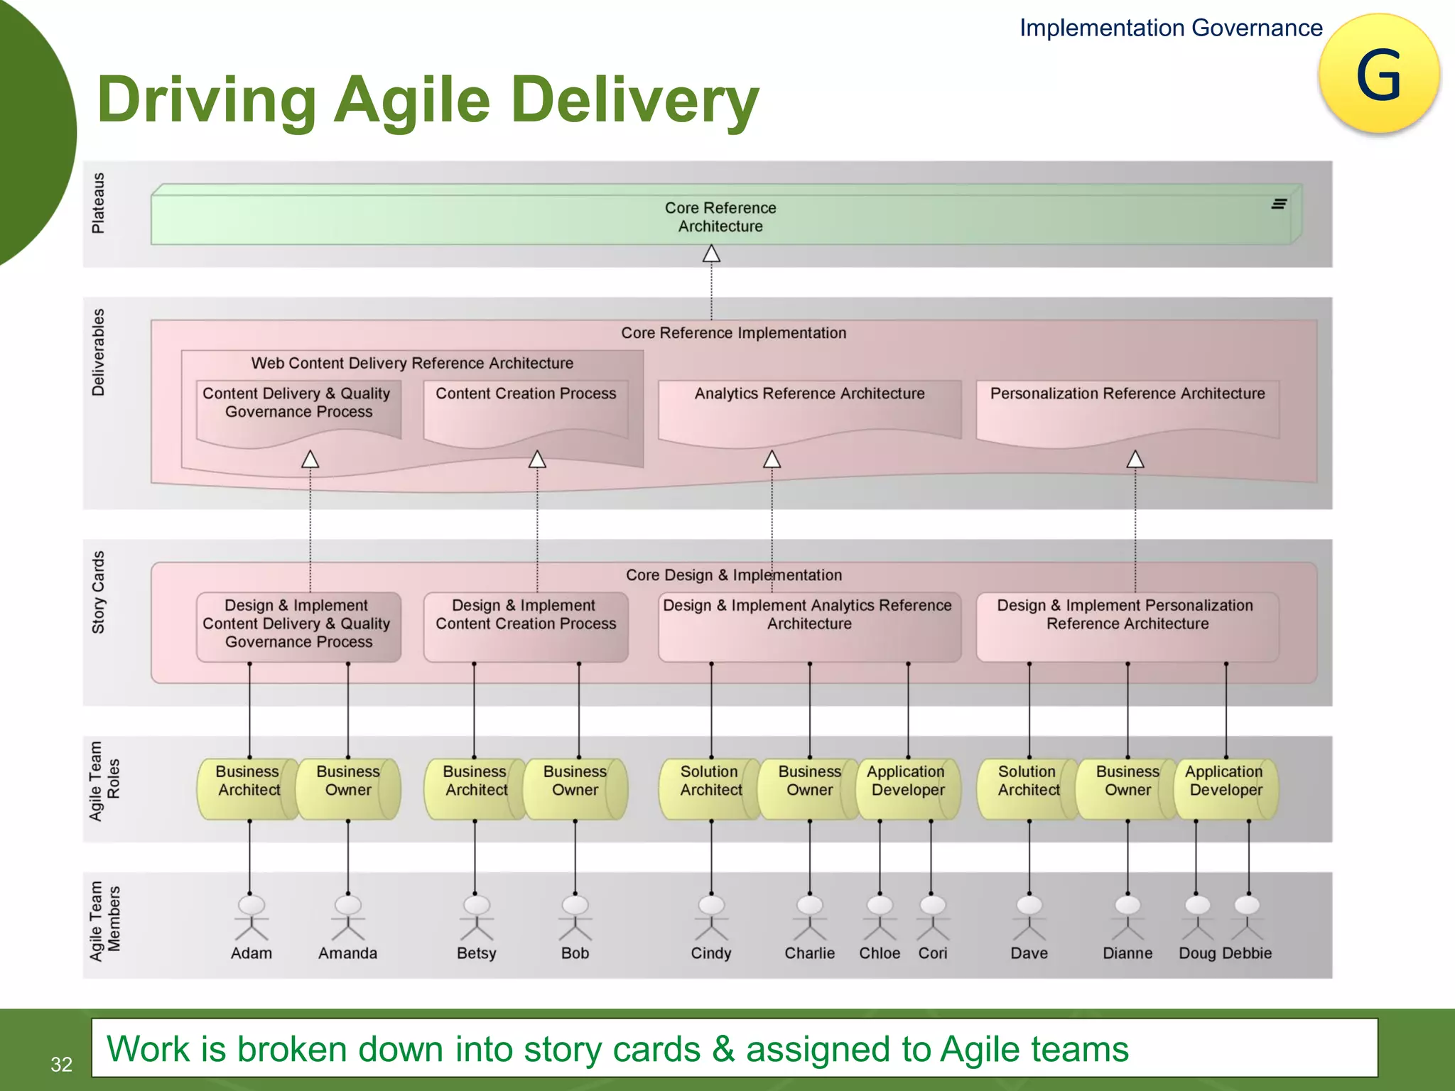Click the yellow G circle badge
(x=1378, y=74)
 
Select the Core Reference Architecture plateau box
(x=720, y=217)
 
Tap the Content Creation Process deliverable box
(x=526, y=413)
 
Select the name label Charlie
(x=809, y=953)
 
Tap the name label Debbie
(x=1248, y=953)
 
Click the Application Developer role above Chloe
(x=907, y=788)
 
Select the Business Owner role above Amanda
(x=347, y=788)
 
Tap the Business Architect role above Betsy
(x=475, y=788)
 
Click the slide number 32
(x=61, y=1064)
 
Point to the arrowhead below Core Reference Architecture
(x=711, y=254)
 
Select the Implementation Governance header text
(x=1171, y=28)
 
